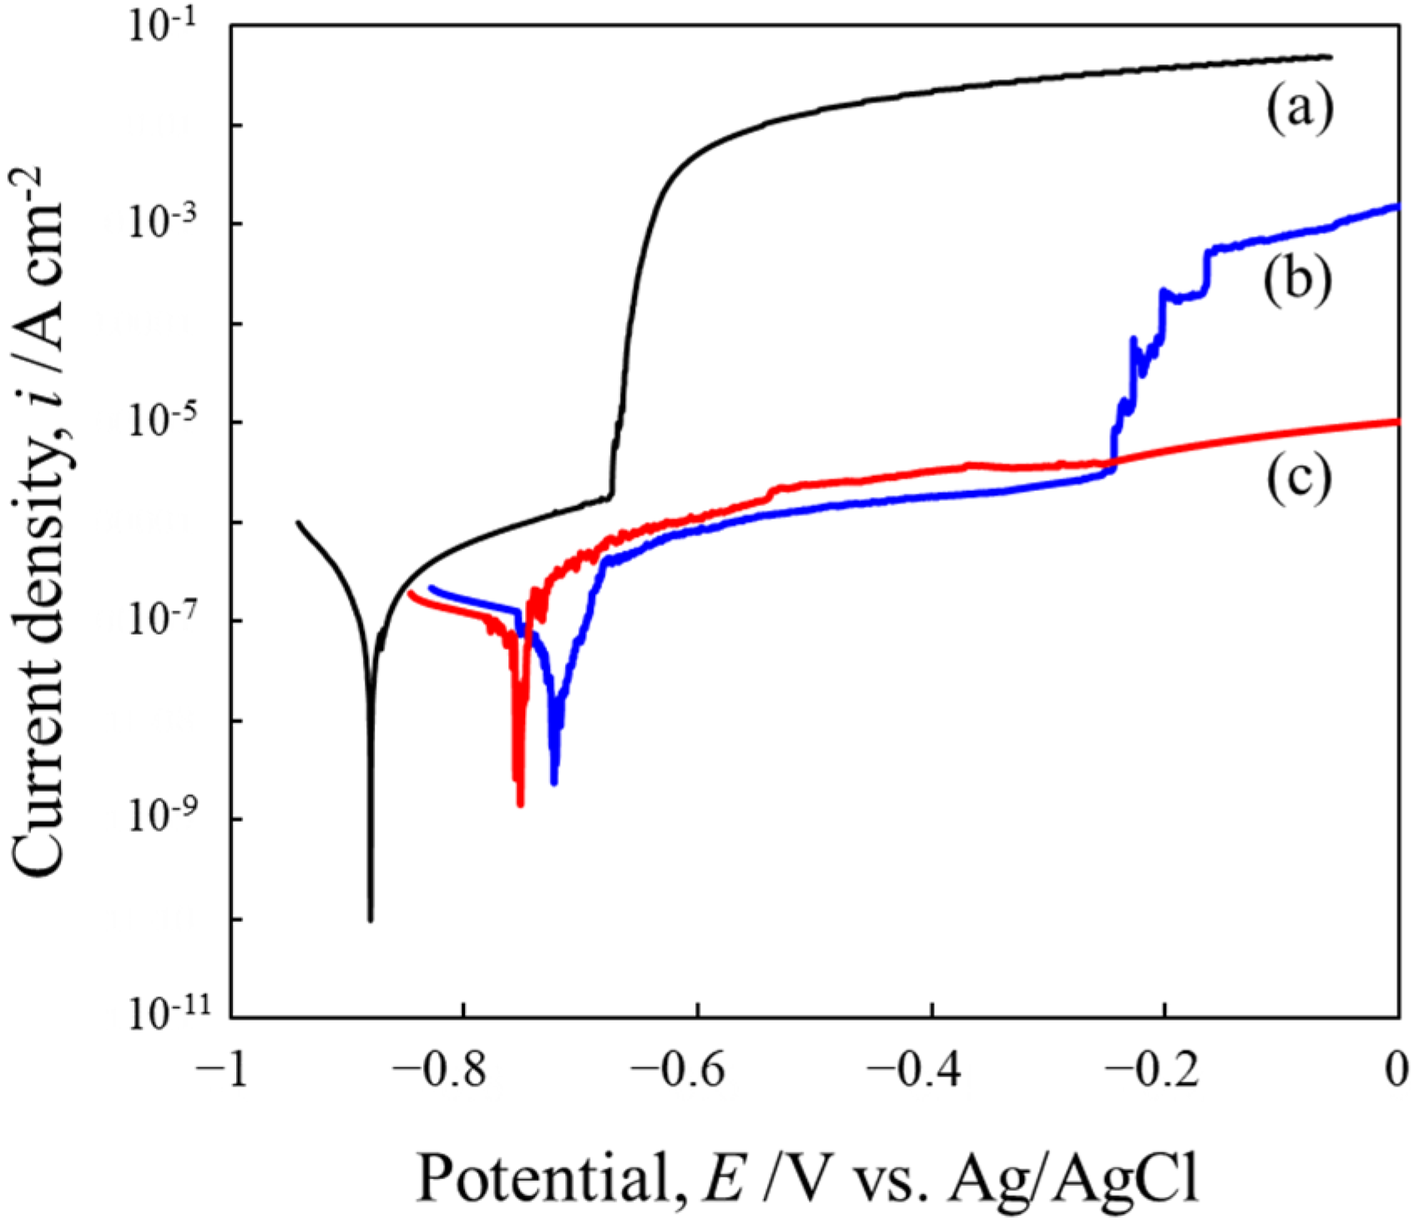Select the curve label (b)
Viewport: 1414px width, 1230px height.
(1296, 281)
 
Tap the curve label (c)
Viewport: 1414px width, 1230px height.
(1299, 479)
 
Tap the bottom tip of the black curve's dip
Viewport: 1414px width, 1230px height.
(371, 919)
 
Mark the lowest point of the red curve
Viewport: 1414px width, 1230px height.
(520, 804)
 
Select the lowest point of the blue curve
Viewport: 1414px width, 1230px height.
(554, 782)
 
